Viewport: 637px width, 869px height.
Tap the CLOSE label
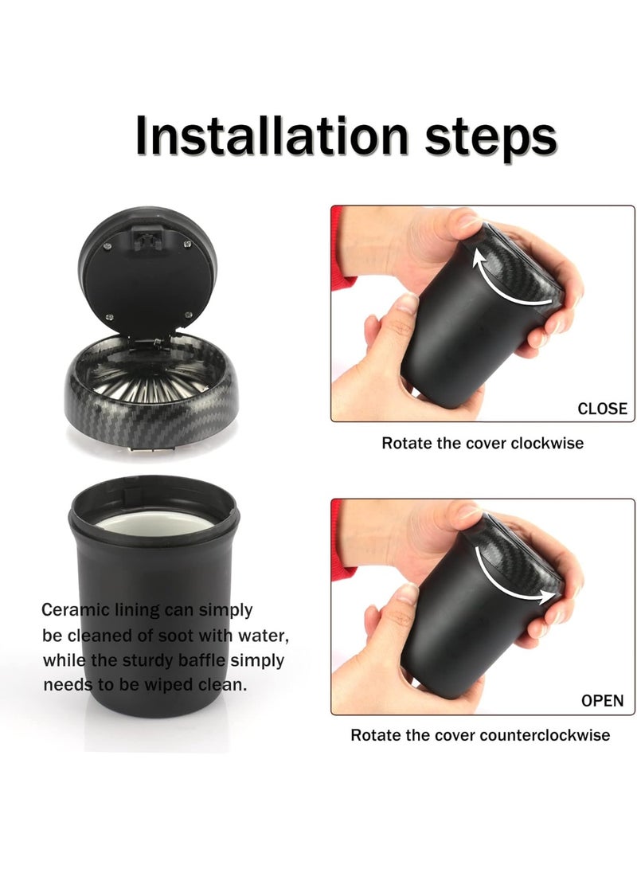602,409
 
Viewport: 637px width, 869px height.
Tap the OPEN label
603,701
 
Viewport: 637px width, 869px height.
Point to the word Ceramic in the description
71,610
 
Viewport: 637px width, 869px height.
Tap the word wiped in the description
166,685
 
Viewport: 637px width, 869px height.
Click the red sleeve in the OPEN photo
342,534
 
